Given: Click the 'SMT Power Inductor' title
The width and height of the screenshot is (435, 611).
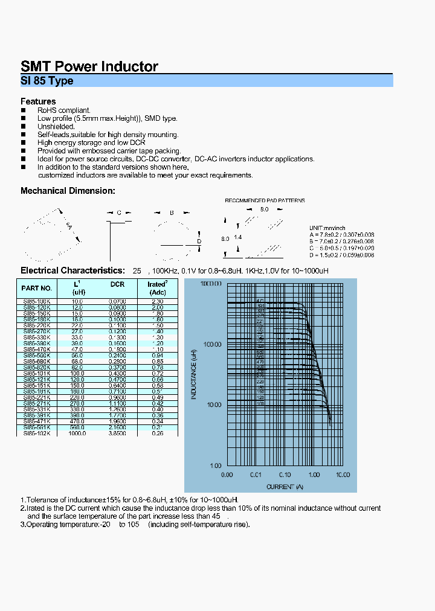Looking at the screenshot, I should (x=89, y=66).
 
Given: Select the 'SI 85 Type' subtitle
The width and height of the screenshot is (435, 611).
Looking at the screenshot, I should (x=47, y=81).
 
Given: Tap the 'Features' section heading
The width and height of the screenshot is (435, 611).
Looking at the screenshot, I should (x=38, y=101).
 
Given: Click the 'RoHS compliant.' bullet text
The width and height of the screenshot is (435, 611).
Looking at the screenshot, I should (x=64, y=110).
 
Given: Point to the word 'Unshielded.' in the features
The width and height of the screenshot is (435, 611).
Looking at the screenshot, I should (x=56, y=127).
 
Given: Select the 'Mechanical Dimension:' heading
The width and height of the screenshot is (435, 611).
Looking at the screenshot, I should (x=68, y=191).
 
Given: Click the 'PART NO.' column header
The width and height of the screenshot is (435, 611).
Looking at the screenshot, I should (x=37, y=288).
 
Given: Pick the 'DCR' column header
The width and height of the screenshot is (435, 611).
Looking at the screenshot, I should (x=117, y=284).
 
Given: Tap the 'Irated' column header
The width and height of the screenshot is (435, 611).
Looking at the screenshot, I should (x=156, y=284).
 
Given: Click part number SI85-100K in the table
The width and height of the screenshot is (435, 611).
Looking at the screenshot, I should (x=37, y=301).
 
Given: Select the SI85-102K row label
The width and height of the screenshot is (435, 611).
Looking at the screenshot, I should (x=37, y=433).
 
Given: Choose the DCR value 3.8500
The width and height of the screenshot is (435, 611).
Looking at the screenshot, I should (x=117, y=433).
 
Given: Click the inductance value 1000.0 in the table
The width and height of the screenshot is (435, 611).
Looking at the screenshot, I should (x=77, y=433).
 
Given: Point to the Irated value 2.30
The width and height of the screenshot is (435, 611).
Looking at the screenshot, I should (x=156, y=301).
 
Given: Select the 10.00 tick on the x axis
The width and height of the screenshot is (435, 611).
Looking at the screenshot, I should (x=343, y=475).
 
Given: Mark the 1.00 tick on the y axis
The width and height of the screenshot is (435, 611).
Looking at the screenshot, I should (x=216, y=465).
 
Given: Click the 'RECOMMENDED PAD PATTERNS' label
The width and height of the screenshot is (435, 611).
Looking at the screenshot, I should (x=265, y=200).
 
